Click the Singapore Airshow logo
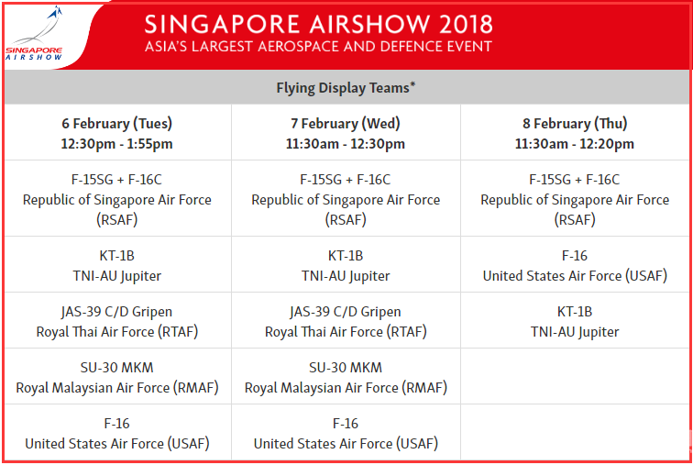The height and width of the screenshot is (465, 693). [x=34, y=35]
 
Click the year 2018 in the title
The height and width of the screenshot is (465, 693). [x=466, y=24]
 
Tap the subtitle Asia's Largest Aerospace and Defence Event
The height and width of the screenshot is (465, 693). [x=318, y=47]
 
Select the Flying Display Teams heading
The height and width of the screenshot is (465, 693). [x=346, y=87]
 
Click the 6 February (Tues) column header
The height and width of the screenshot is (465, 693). [x=117, y=123]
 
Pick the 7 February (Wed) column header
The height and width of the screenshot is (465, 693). [x=346, y=123]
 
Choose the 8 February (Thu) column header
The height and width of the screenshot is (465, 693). [x=575, y=123]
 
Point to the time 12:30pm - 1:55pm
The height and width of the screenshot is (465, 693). [x=117, y=144]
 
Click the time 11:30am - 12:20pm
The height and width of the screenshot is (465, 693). [x=575, y=144]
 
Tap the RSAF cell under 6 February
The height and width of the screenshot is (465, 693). [x=117, y=199]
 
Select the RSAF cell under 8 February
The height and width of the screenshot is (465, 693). [x=575, y=199]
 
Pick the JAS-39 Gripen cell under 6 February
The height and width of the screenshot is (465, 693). [x=117, y=321]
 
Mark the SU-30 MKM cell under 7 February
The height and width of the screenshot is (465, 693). [x=346, y=378]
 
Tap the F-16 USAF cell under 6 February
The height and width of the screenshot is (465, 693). [x=117, y=433]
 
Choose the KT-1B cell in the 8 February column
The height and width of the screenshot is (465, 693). [x=575, y=321]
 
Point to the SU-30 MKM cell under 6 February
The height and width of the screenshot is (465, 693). [x=117, y=378]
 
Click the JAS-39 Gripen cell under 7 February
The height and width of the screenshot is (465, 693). [x=346, y=321]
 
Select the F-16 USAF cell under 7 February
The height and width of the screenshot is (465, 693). [x=346, y=433]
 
